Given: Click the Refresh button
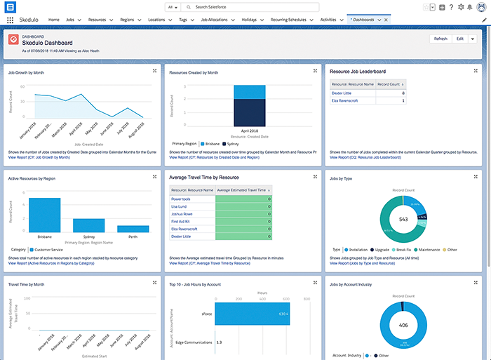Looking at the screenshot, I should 440,39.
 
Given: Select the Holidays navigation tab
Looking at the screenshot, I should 248,20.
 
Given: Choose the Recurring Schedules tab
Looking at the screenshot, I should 289,20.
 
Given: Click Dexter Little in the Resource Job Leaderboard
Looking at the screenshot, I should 342,93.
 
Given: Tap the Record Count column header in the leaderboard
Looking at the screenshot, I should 389,84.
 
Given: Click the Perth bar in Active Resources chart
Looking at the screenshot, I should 133,228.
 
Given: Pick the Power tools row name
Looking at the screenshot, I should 182,199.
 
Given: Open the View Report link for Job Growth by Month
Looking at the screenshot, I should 39,157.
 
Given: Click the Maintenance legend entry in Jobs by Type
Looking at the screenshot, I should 429,249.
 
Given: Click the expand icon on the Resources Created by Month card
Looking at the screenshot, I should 316,71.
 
